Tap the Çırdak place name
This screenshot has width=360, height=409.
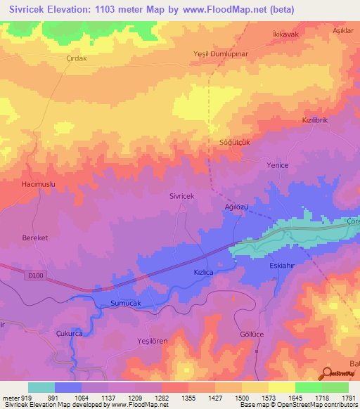pos(75,58)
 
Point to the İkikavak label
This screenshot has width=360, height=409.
pos(285,32)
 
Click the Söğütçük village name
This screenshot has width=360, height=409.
pos(232,141)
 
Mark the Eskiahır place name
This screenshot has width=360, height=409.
pos(285,266)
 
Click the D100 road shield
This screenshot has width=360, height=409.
pos(36,276)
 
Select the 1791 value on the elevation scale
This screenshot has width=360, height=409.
pos(349,398)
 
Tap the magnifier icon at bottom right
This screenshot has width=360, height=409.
pos(327,374)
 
